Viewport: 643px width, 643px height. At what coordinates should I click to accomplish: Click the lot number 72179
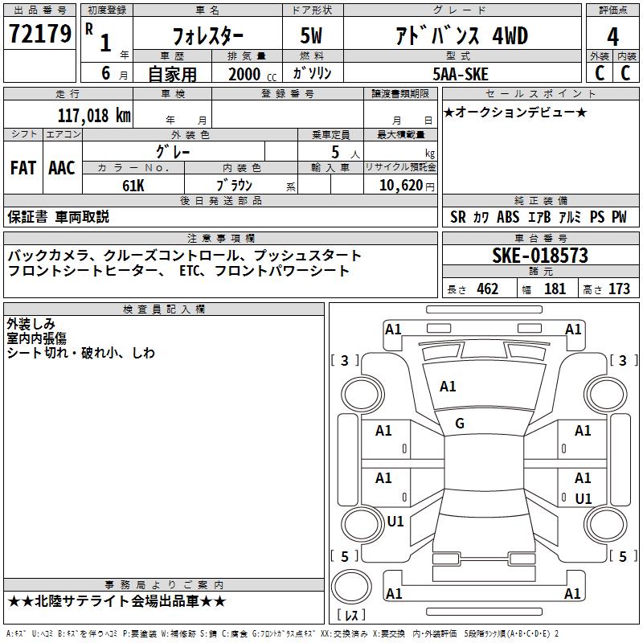pos(40,34)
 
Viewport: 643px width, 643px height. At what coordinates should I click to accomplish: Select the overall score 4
pos(612,37)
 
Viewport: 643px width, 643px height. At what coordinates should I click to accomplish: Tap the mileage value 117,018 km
pos(94,115)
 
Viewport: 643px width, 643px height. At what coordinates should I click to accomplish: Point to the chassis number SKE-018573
pos(540,256)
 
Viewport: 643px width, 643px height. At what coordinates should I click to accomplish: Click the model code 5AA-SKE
pos(461,74)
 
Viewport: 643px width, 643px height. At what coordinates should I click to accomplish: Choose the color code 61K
pos(133,186)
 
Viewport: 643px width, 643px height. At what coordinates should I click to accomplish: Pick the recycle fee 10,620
pos(401,186)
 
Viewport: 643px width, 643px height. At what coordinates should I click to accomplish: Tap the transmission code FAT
pos(23,168)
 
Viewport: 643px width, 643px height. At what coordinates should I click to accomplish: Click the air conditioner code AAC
pos(62,168)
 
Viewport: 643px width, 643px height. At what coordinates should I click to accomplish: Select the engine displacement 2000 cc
pos(252,74)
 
